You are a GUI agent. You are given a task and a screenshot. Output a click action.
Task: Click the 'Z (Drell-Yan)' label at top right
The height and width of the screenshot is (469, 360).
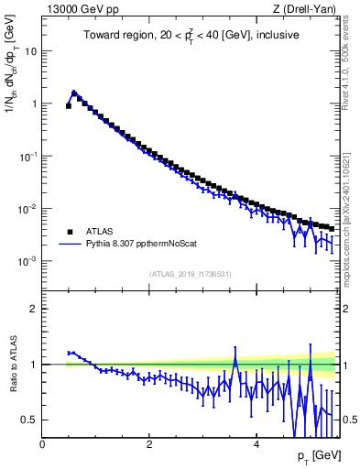(x=305, y=9)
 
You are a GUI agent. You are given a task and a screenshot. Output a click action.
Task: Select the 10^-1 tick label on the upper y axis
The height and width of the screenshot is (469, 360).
(x=27, y=157)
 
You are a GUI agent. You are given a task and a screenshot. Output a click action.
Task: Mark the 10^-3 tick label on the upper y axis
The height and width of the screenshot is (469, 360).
(x=27, y=261)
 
